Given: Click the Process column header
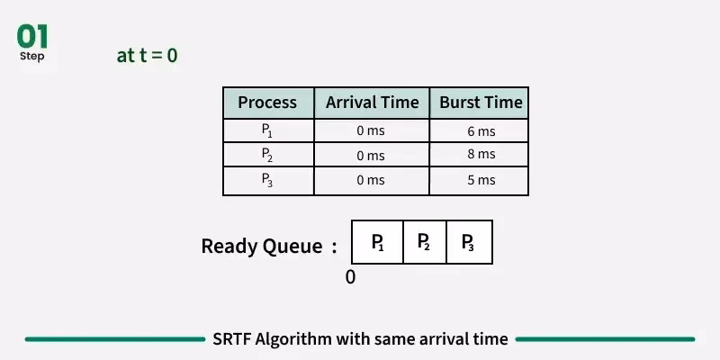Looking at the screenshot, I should (x=267, y=103).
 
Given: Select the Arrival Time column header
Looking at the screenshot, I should (x=372, y=103).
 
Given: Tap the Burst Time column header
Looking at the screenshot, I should (x=481, y=103).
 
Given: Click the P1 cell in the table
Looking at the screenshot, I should (x=267, y=130).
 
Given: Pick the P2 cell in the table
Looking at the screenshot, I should (x=267, y=155).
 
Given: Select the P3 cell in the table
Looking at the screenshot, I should (x=267, y=179).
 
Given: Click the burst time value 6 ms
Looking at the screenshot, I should (x=481, y=131).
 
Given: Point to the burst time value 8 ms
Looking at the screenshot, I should (x=481, y=155).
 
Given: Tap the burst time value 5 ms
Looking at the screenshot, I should (x=481, y=180).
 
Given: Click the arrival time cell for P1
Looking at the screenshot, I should (x=371, y=131).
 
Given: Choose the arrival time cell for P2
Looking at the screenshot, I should (x=371, y=156).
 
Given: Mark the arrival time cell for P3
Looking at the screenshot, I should (x=371, y=180).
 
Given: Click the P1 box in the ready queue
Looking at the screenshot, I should (x=378, y=242).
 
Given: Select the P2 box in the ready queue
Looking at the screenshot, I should (x=424, y=242).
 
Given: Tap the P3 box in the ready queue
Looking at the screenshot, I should (x=469, y=242).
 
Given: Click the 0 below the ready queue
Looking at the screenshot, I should (x=350, y=277).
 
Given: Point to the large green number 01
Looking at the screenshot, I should (x=32, y=37).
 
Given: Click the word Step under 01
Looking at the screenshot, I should (x=32, y=57).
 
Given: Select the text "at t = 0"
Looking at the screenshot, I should (x=147, y=55).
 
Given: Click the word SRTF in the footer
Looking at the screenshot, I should (x=231, y=339).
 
